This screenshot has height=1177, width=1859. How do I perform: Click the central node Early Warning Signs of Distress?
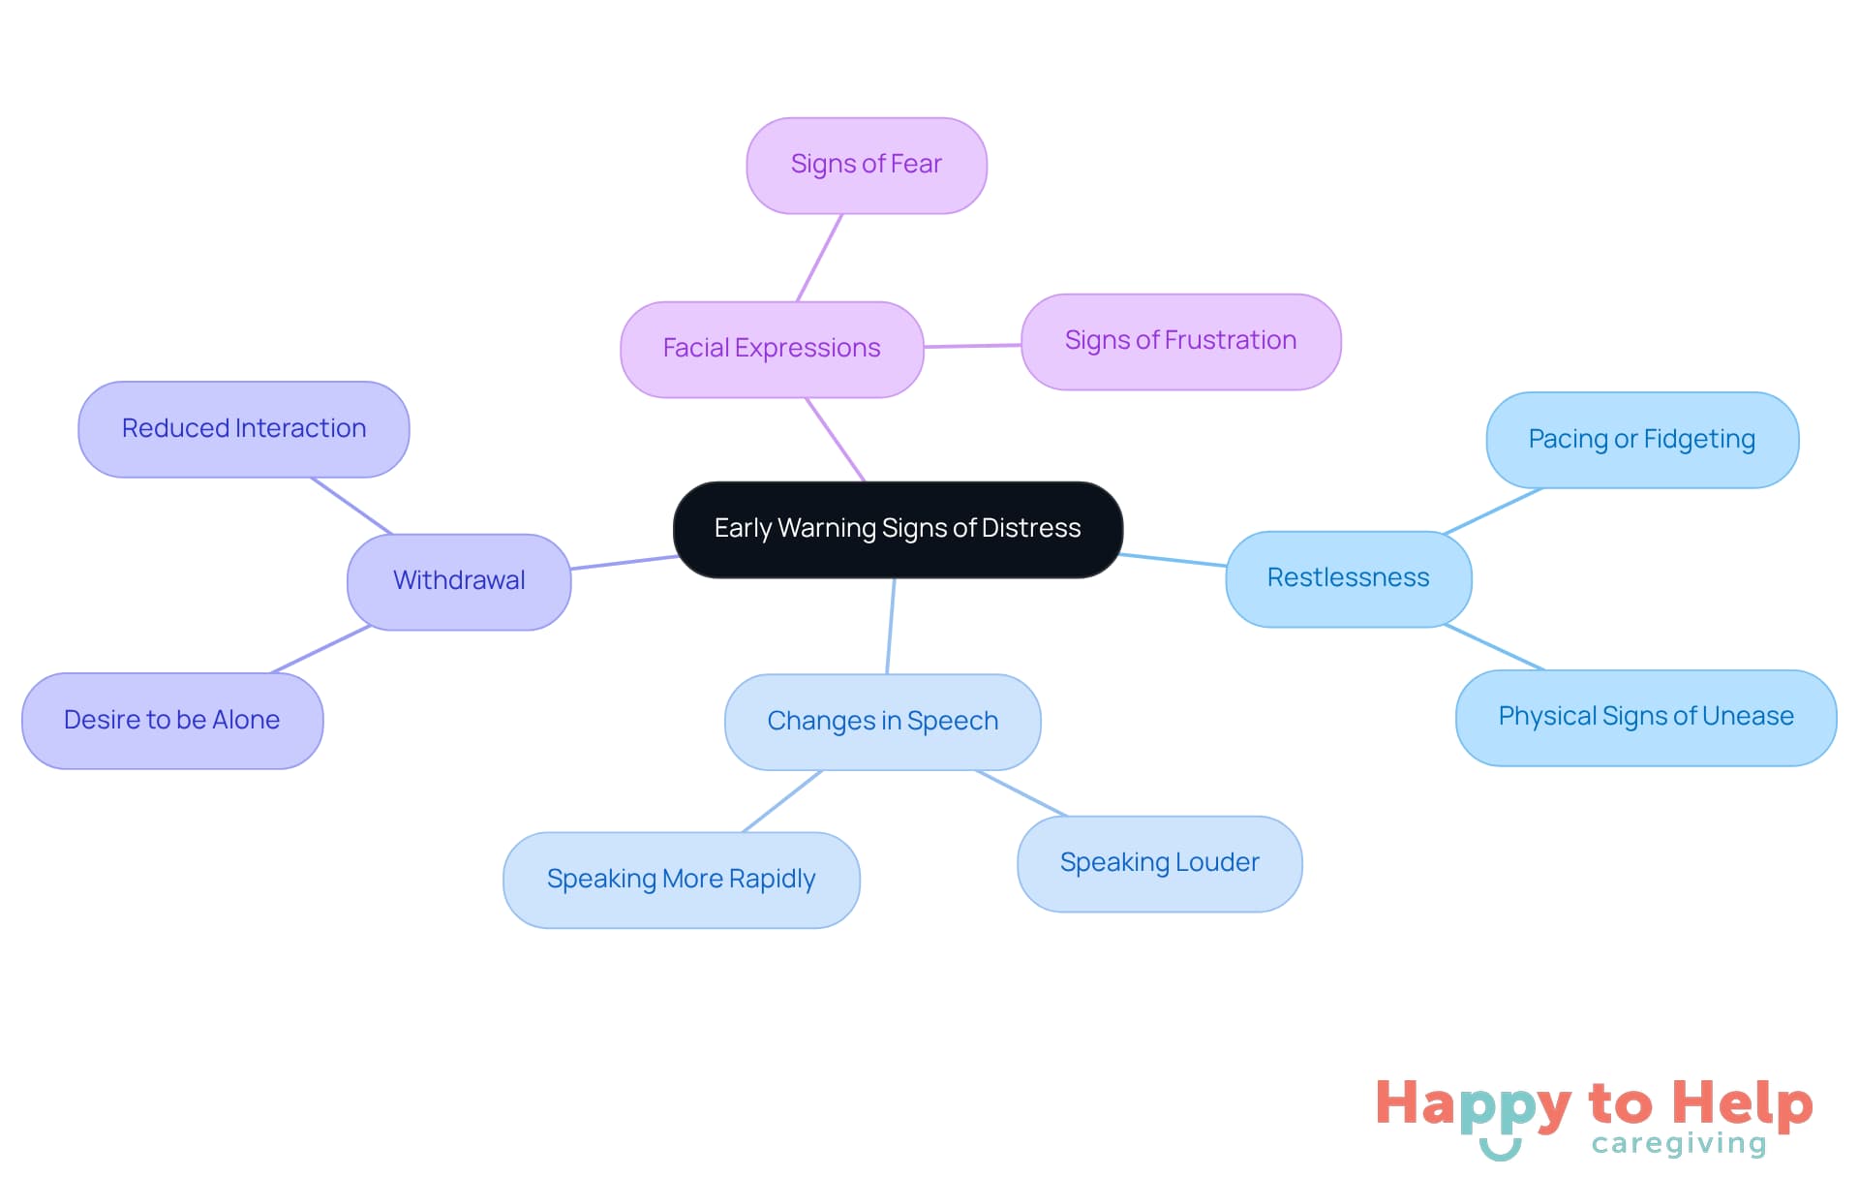click(898, 529)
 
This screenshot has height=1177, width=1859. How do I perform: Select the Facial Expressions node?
click(772, 349)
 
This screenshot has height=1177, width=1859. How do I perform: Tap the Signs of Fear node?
click(866, 165)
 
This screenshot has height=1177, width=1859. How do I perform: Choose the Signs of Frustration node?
click(1180, 341)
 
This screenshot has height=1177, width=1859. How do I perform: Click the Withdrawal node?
click(459, 581)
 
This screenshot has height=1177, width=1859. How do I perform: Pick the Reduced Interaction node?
click(244, 429)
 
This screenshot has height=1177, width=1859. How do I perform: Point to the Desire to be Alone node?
click(172, 721)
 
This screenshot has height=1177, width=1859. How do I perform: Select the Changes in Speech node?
click(882, 722)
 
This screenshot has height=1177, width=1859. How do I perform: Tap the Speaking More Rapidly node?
click(681, 880)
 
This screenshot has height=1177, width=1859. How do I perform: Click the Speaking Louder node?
click(1159, 863)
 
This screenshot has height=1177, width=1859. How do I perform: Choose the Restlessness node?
click(1348, 578)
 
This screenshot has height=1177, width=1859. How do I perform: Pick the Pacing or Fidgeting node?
click(1641, 440)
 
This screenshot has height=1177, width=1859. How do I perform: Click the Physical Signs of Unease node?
click(1645, 717)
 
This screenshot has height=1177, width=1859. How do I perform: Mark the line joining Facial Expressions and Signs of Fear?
click(819, 258)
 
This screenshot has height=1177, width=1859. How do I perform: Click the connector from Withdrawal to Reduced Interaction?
click(351, 506)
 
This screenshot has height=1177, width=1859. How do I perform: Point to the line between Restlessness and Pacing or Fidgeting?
click(1492, 511)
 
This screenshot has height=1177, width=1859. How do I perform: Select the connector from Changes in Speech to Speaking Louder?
click(1021, 793)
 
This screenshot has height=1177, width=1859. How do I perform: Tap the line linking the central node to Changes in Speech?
click(891, 626)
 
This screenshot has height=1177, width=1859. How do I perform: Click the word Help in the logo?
click(1742, 1103)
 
